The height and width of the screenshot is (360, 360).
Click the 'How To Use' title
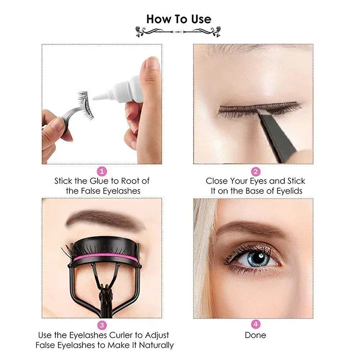tap(179, 19)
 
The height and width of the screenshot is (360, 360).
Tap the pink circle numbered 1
tap(102, 171)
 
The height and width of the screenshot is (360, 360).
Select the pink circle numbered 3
tap(102, 325)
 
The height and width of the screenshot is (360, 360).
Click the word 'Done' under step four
tap(255, 335)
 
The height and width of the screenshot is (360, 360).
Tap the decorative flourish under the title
tap(179, 31)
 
